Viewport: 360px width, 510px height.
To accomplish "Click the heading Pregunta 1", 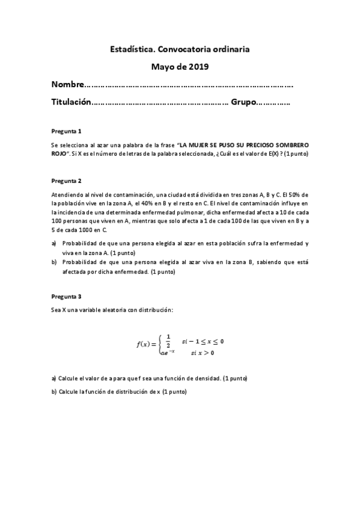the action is point(66,131).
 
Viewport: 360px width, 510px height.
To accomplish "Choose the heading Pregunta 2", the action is point(66,180).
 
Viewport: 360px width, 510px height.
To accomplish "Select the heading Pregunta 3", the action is point(66,296).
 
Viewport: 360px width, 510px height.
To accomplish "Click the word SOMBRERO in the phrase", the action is point(290,146).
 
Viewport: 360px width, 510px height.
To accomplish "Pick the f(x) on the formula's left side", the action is point(144,345).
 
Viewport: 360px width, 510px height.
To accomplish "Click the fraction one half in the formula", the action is point(168,340).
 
